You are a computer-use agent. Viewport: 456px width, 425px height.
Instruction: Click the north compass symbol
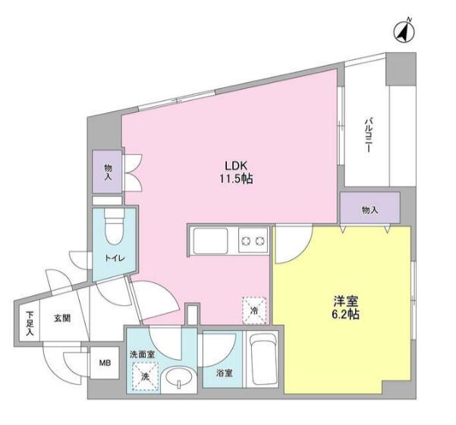coord(404,31)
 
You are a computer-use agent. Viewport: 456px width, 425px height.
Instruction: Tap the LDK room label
coord(236,165)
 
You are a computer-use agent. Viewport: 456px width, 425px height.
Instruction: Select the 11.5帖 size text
coord(236,179)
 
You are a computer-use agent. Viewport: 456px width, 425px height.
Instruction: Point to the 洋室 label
coord(345,301)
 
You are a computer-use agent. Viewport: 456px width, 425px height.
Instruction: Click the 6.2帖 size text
coord(345,314)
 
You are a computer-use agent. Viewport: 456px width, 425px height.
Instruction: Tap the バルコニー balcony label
coord(369,134)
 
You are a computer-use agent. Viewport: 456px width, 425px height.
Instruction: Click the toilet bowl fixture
coord(115,227)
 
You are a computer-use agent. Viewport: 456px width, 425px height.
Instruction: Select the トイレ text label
coord(115,258)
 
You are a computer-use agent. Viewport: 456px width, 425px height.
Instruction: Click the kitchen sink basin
coord(211,241)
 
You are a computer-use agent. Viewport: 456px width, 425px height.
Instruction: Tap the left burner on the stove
coord(246,241)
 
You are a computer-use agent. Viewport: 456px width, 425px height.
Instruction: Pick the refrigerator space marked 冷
coord(254,310)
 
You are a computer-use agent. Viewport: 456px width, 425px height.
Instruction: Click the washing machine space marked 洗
coord(145,376)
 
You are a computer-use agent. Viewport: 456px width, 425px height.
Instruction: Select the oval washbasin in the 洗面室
coord(178,377)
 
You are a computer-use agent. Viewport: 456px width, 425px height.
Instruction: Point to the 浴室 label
coord(225,373)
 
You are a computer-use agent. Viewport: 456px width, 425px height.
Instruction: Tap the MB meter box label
coord(105,363)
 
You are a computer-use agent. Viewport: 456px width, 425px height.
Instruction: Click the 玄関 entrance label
coord(62,318)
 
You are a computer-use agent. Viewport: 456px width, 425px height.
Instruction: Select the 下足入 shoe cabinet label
coord(30,323)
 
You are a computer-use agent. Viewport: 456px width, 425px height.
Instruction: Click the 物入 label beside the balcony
coord(370,210)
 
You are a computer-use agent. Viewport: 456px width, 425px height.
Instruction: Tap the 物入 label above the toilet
coord(108,172)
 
